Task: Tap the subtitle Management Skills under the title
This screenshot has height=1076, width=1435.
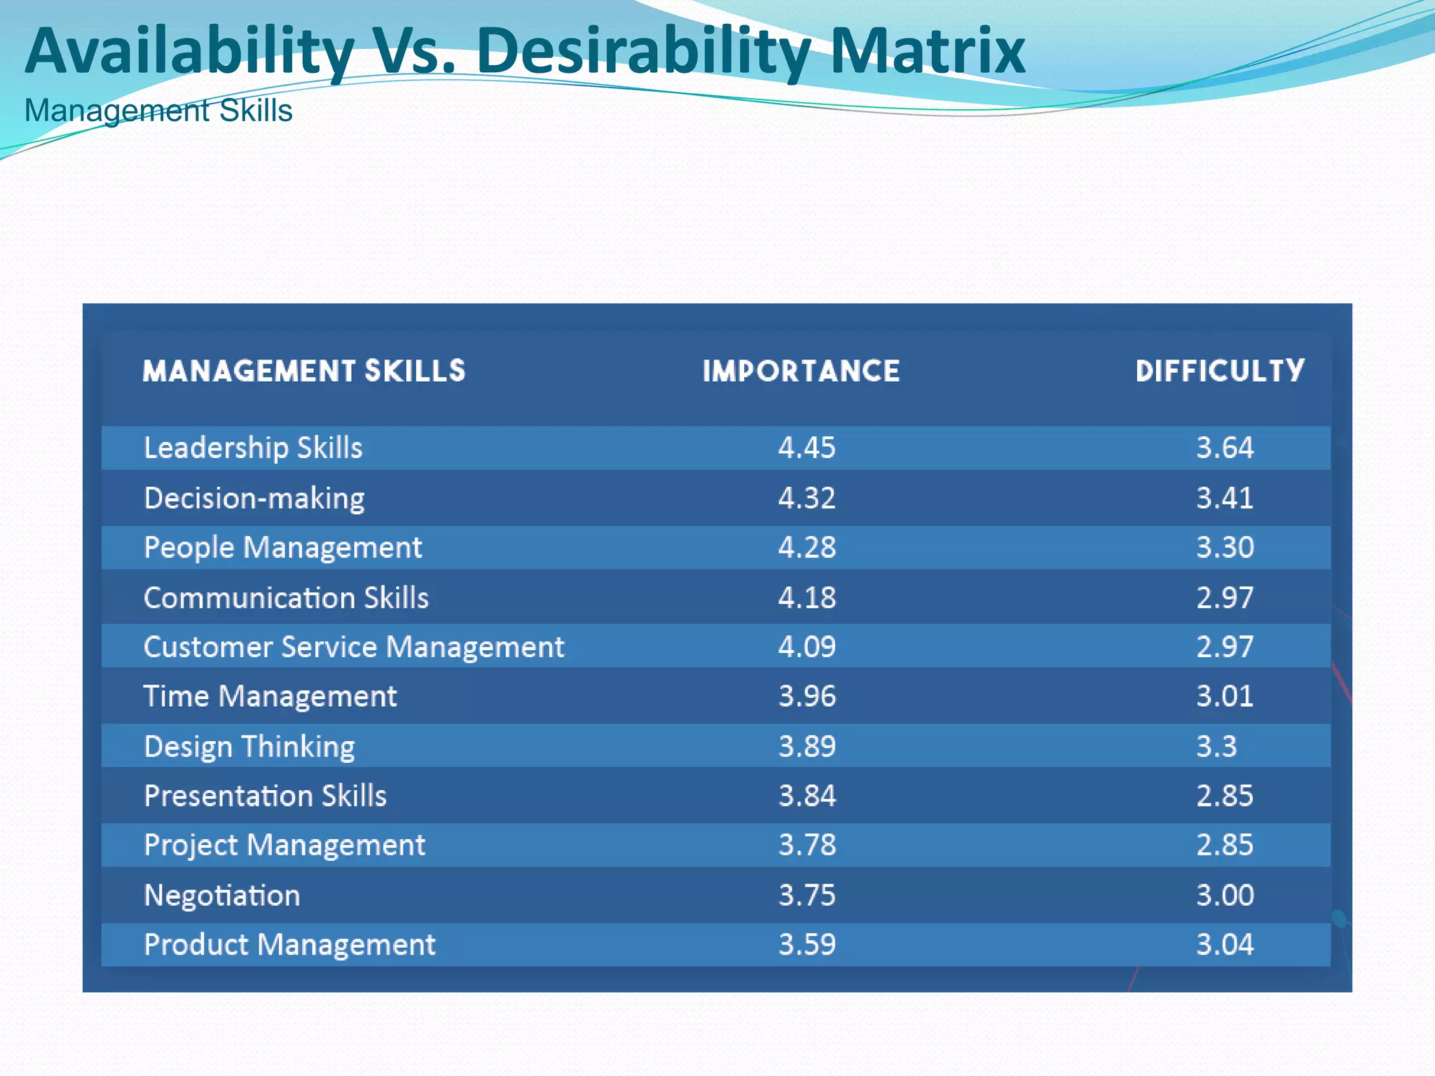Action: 158,111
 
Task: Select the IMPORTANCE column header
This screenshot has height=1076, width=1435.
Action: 801,371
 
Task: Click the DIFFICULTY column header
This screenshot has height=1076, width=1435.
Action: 1220,371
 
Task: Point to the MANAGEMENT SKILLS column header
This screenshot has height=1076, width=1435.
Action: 304,371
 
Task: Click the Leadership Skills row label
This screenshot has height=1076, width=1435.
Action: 253,448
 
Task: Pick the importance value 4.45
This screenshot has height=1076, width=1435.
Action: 806,448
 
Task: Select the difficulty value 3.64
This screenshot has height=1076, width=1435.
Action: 1224,448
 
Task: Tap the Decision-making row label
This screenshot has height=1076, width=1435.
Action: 254,499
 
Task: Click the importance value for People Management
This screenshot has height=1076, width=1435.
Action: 806,548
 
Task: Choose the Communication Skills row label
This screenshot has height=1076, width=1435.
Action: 286,598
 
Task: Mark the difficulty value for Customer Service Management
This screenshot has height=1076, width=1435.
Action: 1224,647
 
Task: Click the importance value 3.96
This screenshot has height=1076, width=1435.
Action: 806,696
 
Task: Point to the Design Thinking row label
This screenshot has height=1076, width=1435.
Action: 249,747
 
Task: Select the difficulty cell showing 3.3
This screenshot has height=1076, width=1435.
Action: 1216,747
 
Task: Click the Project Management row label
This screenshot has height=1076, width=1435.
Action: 284,846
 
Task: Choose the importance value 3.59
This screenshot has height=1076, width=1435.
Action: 806,945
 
